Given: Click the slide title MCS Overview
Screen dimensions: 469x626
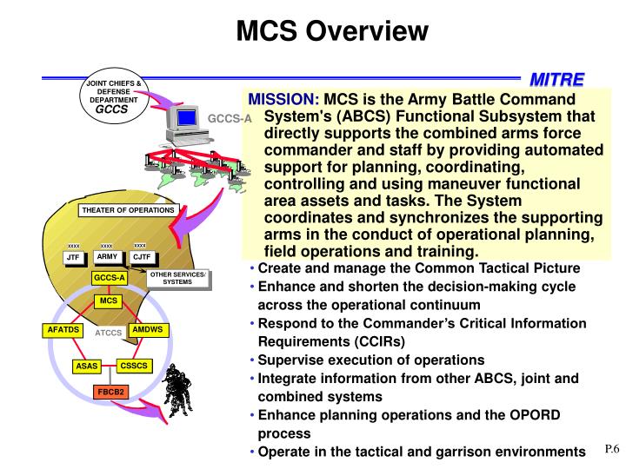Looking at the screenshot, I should coord(333,32).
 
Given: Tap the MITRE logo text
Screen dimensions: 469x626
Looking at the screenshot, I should coord(557,80).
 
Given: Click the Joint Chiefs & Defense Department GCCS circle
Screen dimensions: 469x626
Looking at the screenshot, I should coord(111,98).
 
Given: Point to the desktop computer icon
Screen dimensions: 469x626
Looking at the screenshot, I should coord(185,128).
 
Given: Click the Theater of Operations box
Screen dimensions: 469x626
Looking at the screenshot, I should coord(128,210).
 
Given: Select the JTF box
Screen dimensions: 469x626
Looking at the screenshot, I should coord(74,258).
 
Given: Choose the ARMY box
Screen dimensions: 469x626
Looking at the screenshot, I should coord(107,257).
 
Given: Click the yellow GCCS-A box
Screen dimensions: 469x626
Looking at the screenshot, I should coord(110,278).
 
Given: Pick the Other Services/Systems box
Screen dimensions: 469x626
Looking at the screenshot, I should coord(177,278).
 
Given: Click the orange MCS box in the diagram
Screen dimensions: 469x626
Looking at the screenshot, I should coord(108,301).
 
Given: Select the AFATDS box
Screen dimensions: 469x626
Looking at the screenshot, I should coord(63,330).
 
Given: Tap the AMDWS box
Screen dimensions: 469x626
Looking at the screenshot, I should coord(148,330).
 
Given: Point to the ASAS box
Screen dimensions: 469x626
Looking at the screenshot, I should coord(87,367).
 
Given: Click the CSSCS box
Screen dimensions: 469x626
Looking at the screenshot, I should coord(135,366).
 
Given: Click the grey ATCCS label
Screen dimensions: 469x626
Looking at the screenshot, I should coord(107,333).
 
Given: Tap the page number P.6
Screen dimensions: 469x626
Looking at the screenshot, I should coord(611,450).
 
